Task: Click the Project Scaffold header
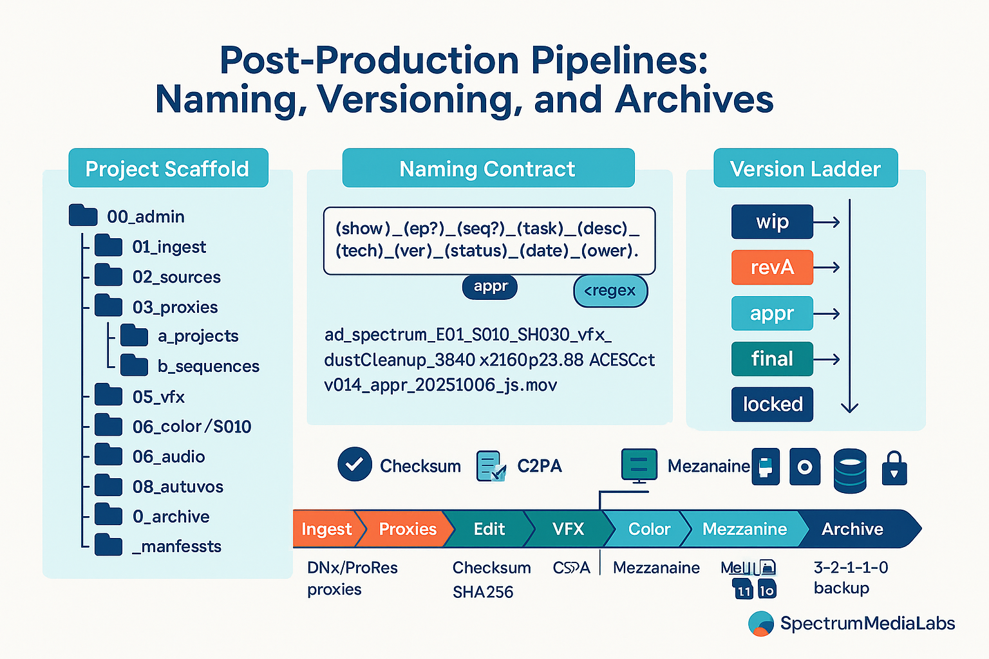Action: pos(167,169)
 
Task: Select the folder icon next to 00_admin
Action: pos(82,216)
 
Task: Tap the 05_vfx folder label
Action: pos(158,397)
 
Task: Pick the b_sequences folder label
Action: pos(208,366)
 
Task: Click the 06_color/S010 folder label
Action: pos(191,427)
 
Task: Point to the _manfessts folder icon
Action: pos(108,545)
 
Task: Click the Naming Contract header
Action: pos(487,169)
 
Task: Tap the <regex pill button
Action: pos(610,291)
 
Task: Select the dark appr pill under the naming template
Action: pos(490,287)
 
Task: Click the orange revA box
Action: pos(772,267)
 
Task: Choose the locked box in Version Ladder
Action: pos(772,404)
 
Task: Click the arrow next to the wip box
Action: pos(827,223)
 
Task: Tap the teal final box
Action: pos(772,358)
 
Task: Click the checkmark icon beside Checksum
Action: pos(354,465)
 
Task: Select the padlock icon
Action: pos(894,468)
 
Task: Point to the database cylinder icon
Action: pos(850,471)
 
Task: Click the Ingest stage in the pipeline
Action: pos(326,529)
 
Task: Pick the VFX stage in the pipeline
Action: pos(567,529)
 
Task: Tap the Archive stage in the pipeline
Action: pos(852,529)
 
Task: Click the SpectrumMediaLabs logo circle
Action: pos(761,624)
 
